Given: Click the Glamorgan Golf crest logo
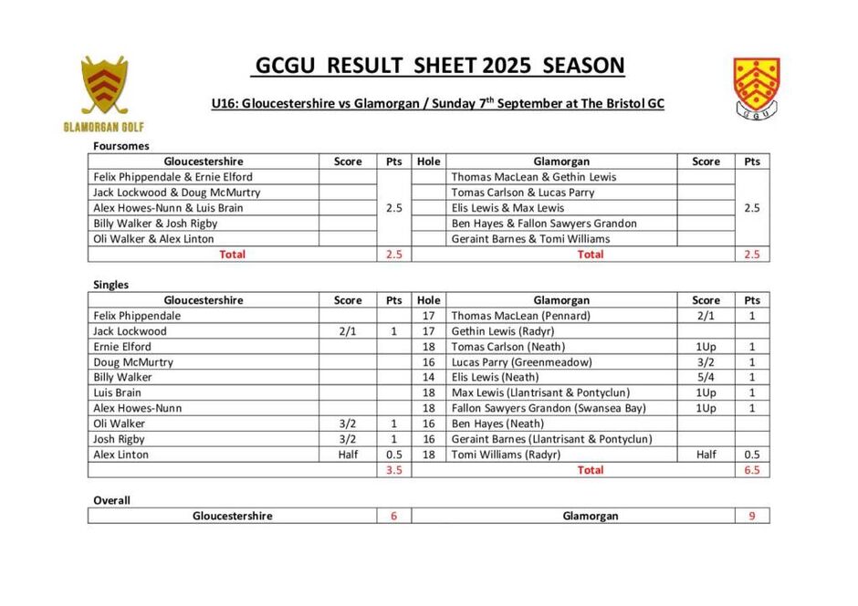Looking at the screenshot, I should click(x=103, y=93).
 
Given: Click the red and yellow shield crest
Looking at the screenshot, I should click(x=756, y=89).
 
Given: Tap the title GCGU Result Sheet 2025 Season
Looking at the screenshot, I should click(x=438, y=66).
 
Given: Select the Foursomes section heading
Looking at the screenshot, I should click(x=120, y=145).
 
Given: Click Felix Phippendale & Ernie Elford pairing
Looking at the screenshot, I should click(x=173, y=177).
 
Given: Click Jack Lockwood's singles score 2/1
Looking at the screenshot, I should click(x=348, y=331).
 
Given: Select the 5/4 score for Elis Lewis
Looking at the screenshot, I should click(x=705, y=377).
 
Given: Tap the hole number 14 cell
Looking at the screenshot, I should click(x=428, y=377).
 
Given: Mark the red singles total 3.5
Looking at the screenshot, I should click(x=393, y=471).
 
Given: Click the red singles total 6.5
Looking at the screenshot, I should click(x=751, y=471).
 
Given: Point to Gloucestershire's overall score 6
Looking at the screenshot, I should click(x=393, y=516).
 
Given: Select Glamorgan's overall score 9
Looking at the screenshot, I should click(x=751, y=516).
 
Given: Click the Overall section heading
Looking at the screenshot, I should click(x=111, y=500).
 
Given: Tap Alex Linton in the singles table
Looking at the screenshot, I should click(x=120, y=454).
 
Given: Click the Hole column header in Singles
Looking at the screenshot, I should click(x=428, y=300).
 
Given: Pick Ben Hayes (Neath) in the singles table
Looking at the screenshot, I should click(x=497, y=423).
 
